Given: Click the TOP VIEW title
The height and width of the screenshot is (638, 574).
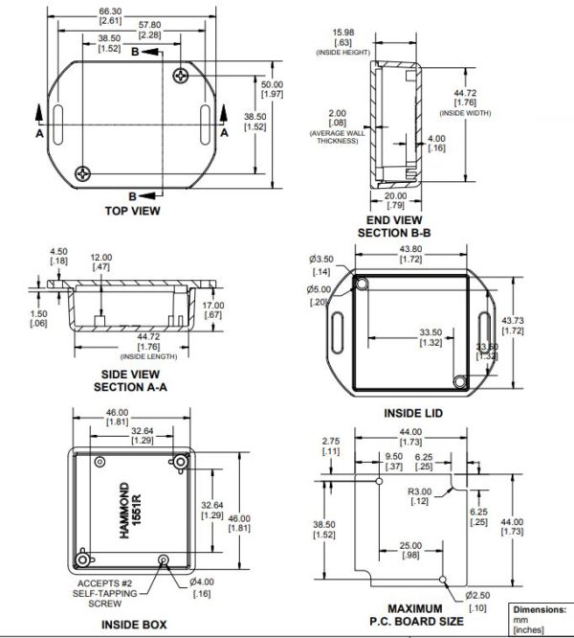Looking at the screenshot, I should (131, 210).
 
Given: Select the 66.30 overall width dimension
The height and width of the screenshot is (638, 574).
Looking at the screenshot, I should (110, 14).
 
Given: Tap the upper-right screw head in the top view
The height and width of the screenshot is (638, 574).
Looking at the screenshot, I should (183, 75).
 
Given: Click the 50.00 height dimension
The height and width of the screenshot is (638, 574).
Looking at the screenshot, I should (273, 89).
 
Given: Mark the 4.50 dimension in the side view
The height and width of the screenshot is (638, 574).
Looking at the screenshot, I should (57, 258).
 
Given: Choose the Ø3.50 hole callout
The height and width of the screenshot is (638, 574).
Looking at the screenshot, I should (321, 263).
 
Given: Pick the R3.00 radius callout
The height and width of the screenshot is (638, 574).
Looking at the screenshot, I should (417, 497).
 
